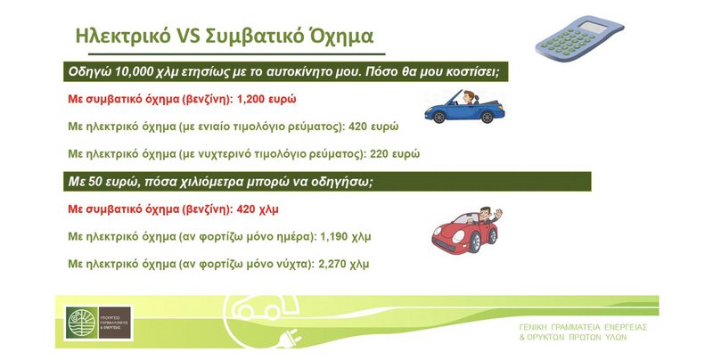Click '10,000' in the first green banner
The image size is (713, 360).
pyautogui.click(x=135, y=70)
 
